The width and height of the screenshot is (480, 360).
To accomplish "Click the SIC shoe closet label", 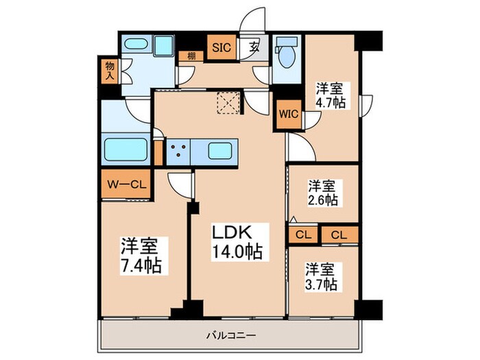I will tap(220, 47).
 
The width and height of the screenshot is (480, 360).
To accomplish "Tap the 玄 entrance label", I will tap(254, 47).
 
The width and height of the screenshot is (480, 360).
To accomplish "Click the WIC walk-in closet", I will tap(287, 115).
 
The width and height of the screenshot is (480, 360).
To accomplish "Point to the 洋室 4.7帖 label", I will tap(331, 95).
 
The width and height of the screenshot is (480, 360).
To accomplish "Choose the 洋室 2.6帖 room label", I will tap(321, 193).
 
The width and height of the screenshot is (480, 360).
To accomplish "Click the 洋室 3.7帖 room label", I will tap(320, 274).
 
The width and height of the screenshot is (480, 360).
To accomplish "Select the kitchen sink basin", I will tap(220, 151).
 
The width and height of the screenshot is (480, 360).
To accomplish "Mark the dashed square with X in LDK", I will tap(227, 103).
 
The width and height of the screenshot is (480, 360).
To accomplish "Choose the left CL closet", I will tap(302, 235).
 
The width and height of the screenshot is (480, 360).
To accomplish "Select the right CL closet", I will tap(339, 235).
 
